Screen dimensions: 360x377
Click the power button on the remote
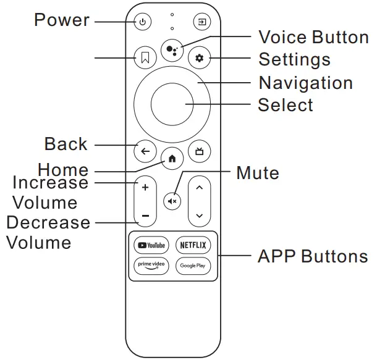(143, 23)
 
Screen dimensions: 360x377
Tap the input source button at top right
(201, 23)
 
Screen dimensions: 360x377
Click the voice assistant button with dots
(172, 50)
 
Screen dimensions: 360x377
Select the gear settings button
(199, 59)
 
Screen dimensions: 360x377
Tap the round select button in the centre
(172, 104)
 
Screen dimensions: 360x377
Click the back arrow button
(145, 151)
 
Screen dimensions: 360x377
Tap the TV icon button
(199, 151)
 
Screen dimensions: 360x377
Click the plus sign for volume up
(145, 186)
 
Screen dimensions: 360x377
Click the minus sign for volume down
(145, 216)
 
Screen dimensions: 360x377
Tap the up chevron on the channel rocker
(199, 186)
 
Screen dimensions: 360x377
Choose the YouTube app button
(151, 245)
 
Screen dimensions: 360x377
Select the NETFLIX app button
(193, 245)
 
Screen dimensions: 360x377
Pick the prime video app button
(151, 266)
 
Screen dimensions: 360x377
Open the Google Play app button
(193, 266)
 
